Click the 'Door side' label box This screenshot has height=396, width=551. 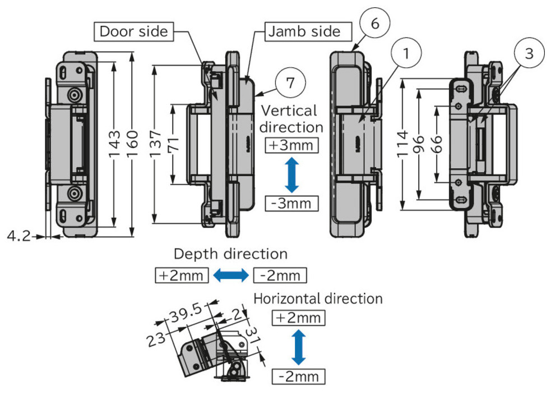(133, 31)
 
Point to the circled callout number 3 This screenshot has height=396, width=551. (529, 54)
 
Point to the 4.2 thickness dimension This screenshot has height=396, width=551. (18, 236)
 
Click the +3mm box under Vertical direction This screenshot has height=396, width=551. (290, 145)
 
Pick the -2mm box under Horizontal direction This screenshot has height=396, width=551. (298, 375)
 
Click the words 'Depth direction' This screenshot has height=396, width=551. (230, 254)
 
